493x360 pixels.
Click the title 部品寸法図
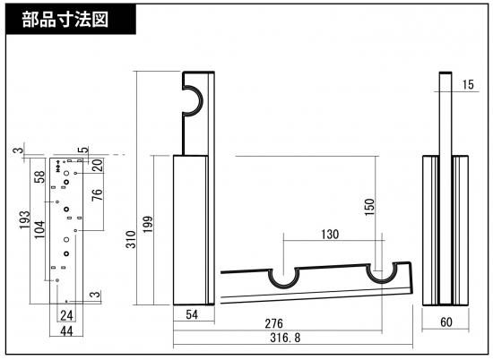coord(65,20)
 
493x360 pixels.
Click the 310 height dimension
coord(131,239)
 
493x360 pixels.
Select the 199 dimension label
coord(148,224)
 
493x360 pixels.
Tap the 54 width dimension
coord(192,314)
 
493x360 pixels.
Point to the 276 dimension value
coord(274,323)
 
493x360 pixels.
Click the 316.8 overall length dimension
coord(285,338)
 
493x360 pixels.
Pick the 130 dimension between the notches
coord(330,234)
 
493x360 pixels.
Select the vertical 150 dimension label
coord(369,207)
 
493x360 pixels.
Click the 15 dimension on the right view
coord(468,84)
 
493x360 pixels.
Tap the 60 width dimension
coord(446,322)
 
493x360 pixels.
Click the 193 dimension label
coord(25,219)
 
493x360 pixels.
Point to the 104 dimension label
coord(39,229)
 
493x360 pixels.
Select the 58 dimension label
coord(39,176)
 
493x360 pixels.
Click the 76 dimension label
coord(98,194)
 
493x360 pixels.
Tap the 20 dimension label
coord(98,165)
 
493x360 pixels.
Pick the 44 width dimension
coord(66,330)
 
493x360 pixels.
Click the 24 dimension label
coord(66,315)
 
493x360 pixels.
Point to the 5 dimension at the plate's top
coord(84,150)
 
